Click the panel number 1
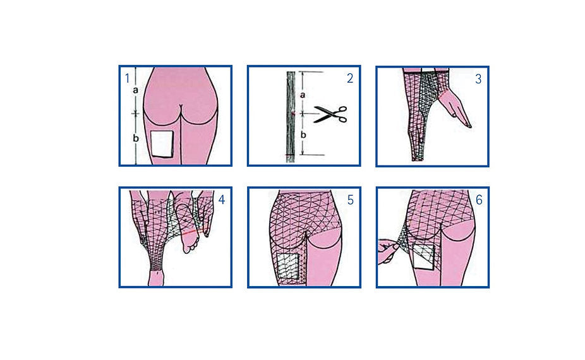tap(127, 78)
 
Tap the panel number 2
tap(349, 78)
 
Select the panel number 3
tap(478, 79)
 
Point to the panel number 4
tap(222, 200)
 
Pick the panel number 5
tap(350, 200)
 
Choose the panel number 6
tap(479, 200)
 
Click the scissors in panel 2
tap(330, 114)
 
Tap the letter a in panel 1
tap(135, 90)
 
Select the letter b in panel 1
tap(136, 138)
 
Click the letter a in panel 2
tap(303, 95)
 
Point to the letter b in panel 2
tap(303, 135)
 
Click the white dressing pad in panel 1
tap(162, 143)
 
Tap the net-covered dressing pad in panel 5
tap(288, 267)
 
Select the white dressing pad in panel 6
tap(423, 257)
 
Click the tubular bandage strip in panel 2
tap(291, 117)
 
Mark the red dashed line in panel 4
tap(196, 232)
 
